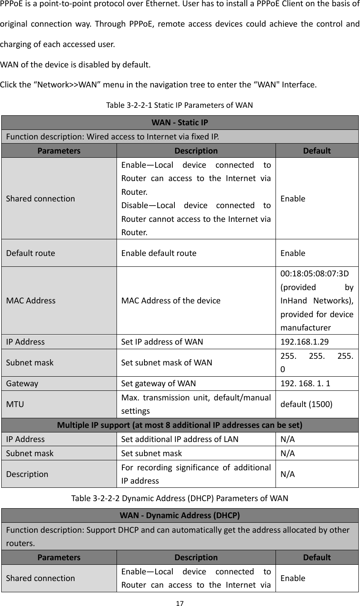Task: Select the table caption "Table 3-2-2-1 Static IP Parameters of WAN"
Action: pos(180,104)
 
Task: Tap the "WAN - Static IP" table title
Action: pos(180,123)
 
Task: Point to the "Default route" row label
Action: pos(30,253)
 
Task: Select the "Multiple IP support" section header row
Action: pos(180,425)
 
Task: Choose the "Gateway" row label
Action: pos(22,383)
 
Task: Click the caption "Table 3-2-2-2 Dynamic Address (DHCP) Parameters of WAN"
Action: pos(180,498)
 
